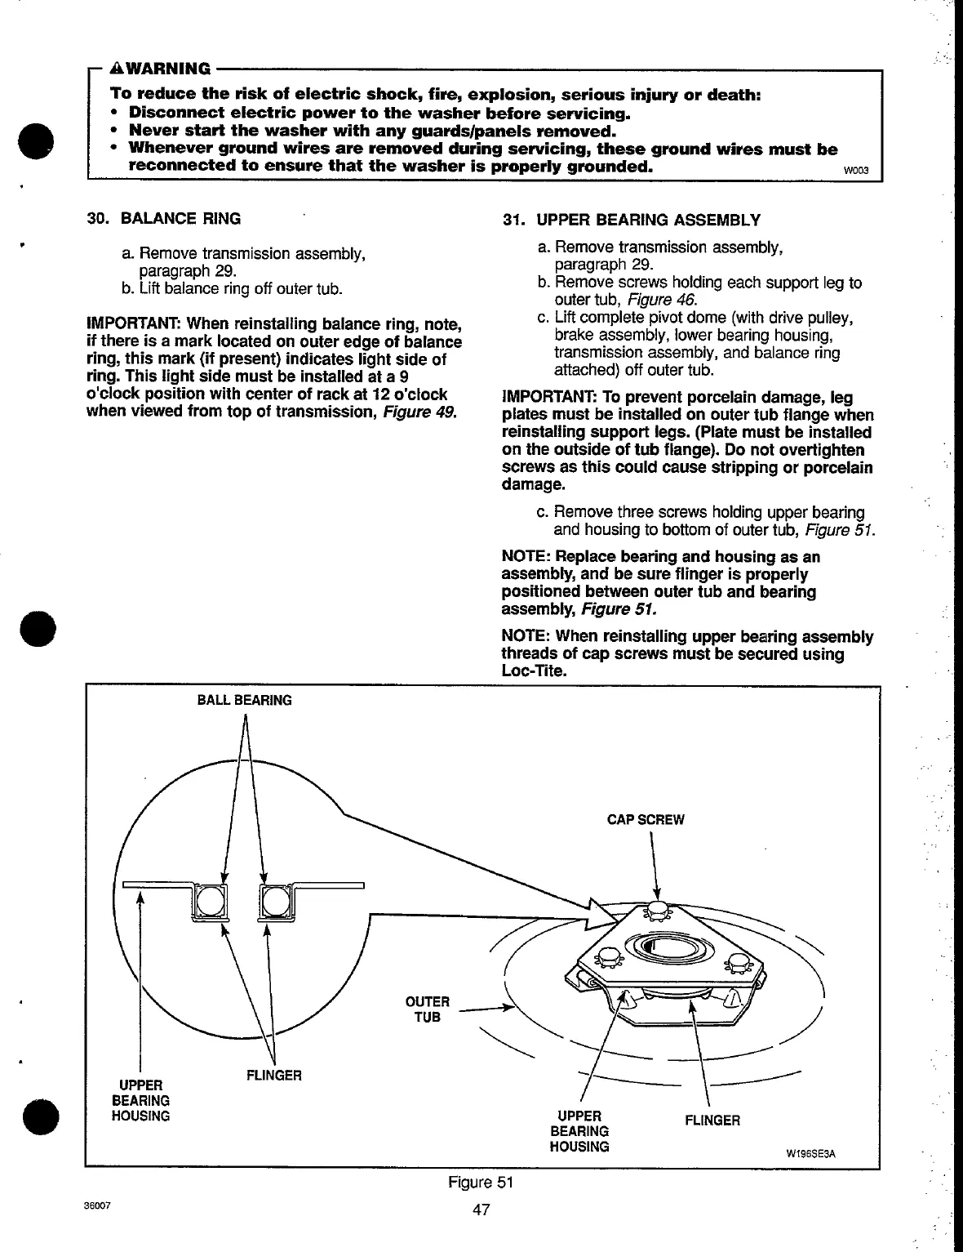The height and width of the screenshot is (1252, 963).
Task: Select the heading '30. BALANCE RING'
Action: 164,219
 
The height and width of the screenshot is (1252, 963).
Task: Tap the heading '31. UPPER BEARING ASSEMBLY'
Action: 631,221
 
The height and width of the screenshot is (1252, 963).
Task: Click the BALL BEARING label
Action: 244,700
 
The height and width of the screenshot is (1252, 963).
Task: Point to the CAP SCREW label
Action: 646,820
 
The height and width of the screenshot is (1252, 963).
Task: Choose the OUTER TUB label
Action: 427,1009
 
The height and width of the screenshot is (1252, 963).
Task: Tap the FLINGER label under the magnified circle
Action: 273,1076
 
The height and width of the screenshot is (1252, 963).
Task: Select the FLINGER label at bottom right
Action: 712,1121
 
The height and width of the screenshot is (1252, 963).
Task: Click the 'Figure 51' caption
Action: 479,1183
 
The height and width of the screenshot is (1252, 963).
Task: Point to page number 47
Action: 481,1210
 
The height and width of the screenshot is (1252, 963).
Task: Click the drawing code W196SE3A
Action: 811,1154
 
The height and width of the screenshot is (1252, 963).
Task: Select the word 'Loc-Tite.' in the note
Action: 535,671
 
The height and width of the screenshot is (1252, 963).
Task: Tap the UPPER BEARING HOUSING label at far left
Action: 140,1100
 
